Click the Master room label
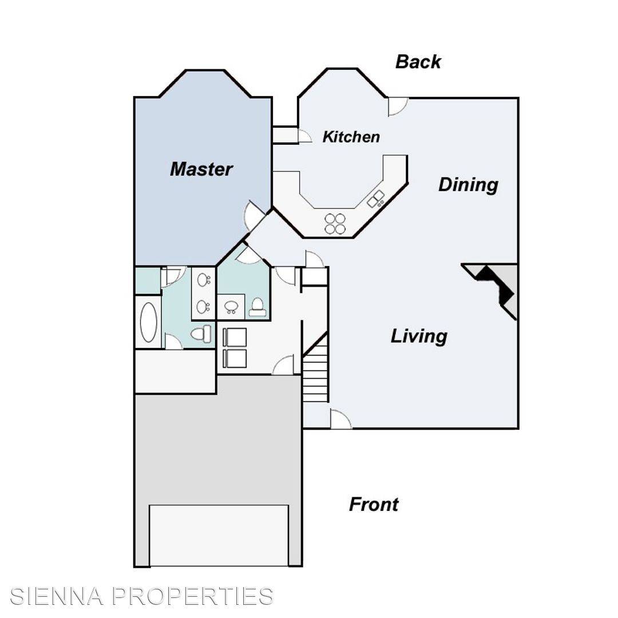tap(201, 169)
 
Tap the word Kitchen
tap(351, 137)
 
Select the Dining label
tap(468, 185)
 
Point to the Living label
tap(419, 336)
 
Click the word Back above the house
tap(418, 62)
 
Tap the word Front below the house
tap(374, 505)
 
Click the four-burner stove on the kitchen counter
tap(335, 224)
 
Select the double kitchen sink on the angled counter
tap(376, 199)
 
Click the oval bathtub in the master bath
tap(148, 323)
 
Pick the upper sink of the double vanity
tap(203, 280)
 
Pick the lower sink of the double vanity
tap(203, 307)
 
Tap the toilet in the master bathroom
tap(201, 333)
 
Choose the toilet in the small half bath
tap(257, 307)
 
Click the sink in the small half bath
tap(231, 307)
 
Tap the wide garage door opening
tap(219, 535)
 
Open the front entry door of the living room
tap(340, 419)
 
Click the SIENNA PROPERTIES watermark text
tap(142, 596)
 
